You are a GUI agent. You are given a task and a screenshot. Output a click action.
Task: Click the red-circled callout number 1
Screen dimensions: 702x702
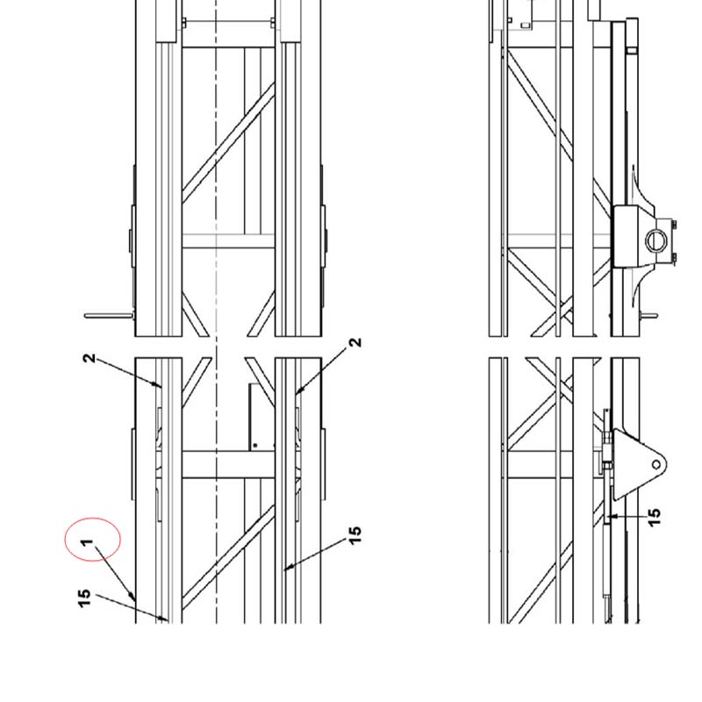tap(87, 542)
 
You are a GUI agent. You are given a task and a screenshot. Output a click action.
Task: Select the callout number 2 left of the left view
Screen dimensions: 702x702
tap(90, 358)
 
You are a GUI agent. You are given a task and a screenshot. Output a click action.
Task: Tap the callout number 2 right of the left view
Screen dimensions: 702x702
tap(355, 342)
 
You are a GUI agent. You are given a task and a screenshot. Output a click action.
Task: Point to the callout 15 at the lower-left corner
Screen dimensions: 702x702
tap(84, 598)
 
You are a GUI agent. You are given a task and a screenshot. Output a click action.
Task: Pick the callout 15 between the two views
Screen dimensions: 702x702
tap(355, 535)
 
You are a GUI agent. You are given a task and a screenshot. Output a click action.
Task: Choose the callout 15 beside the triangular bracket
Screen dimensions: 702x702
tap(654, 517)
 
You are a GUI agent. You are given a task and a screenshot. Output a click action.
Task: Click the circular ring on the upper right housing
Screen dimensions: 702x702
tap(655, 240)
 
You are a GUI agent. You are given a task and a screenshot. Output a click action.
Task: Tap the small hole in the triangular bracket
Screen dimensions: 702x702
tap(655, 465)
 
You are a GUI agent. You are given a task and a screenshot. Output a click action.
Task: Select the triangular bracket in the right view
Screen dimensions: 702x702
tap(639, 464)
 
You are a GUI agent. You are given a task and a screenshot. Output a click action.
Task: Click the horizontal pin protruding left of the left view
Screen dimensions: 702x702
tap(109, 316)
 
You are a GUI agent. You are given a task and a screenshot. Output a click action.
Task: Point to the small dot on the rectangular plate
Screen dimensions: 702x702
tap(255, 445)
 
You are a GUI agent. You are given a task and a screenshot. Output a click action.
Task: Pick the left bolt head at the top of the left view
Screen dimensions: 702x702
tap(183, 23)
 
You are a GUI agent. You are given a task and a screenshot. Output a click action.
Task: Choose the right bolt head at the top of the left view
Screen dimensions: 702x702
tap(273, 23)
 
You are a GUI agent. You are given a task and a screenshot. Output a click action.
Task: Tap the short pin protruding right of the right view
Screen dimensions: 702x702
tap(648, 316)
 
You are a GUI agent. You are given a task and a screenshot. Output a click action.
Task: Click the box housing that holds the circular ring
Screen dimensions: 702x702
tap(634, 236)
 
